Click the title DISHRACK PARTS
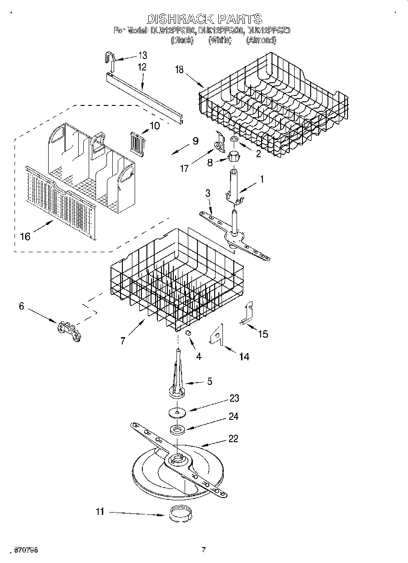(204, 19)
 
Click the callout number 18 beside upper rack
(180, 69)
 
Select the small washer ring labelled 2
(233, 139)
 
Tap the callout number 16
(25, 236)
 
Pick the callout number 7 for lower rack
(123, 341)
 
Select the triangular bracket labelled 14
(217, 335)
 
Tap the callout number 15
(263, 334)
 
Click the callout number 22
(233, 439)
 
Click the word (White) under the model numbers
(220, 40)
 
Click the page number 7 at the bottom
(203, 550)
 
